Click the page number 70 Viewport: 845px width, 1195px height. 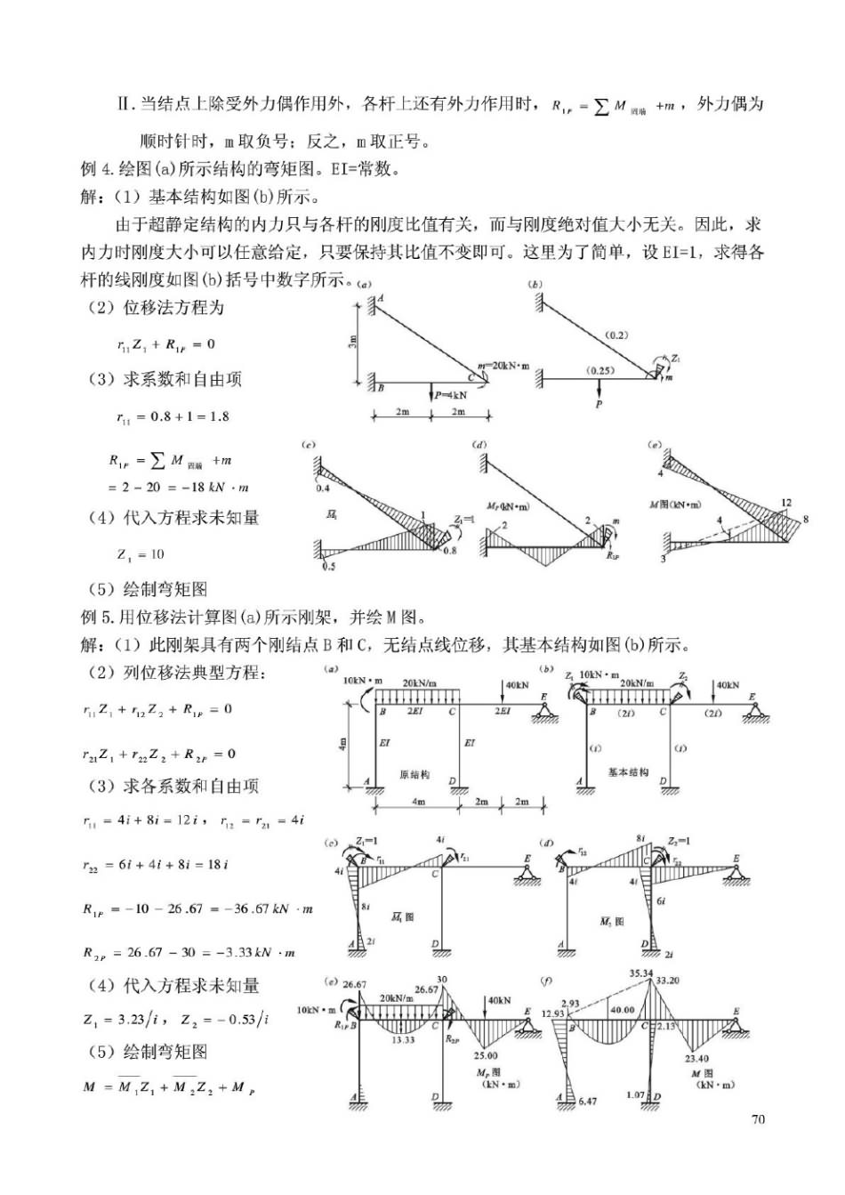758,1119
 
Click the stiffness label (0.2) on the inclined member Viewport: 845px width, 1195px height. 616,335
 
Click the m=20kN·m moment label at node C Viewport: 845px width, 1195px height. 503,366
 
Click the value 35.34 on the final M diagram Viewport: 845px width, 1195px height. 641,973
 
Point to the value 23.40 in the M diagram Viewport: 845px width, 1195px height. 696,1058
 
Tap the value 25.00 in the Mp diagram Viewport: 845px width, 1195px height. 486,1055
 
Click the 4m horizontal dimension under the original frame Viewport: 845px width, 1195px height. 418,802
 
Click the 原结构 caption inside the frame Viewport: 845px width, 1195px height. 414,774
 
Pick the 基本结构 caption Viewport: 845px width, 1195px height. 628,772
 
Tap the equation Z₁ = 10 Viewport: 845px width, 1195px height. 141,554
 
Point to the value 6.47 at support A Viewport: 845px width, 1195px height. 587,1101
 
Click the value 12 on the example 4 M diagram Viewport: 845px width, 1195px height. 785,504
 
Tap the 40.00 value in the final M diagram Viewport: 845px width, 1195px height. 622,1010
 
